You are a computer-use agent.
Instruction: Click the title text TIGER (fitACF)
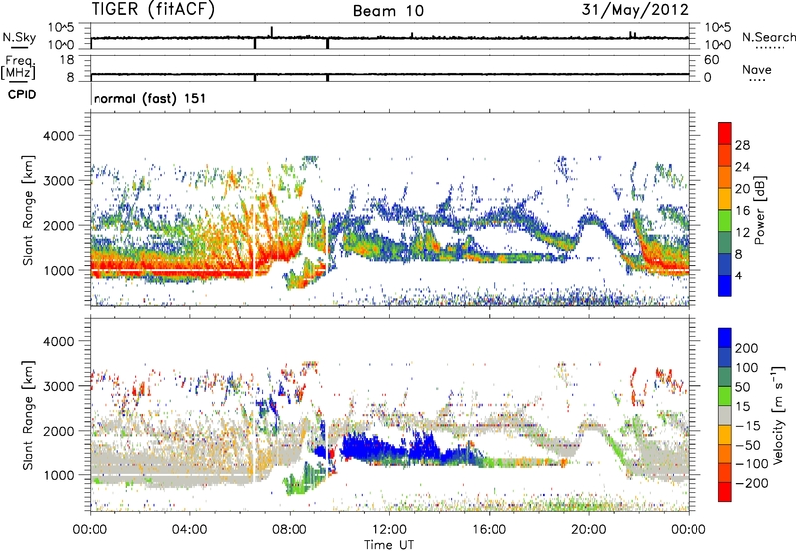tap(155, 10)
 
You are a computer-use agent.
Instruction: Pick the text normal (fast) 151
tap(148, 98)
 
